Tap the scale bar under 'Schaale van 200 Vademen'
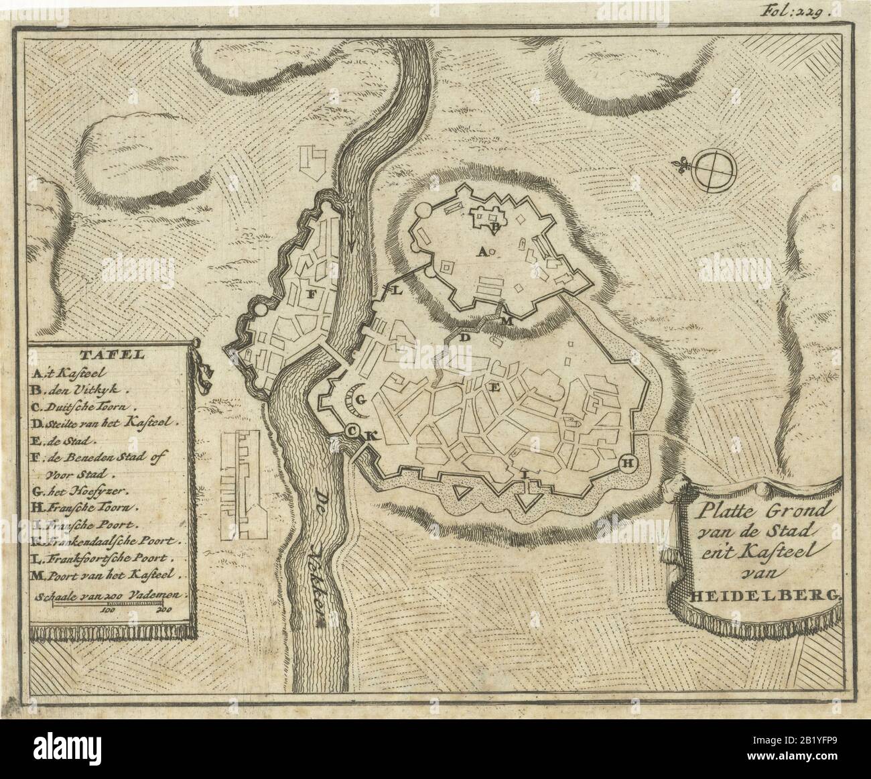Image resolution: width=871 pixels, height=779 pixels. point(109,604)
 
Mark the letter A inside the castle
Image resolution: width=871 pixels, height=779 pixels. point(480,251)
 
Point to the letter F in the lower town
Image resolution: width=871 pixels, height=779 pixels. point(310,294)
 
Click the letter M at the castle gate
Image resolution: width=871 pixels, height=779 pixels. point(507,321)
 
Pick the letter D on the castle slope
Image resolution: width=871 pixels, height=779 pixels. point(464,339)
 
